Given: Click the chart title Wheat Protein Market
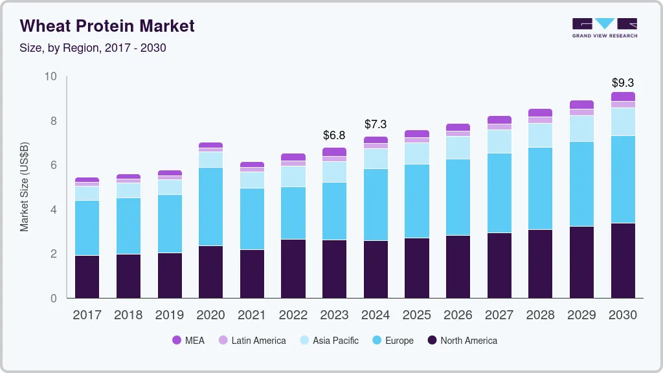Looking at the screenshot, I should pyautogui.click(x=107, y=26).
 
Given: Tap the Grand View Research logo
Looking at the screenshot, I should pyautogui.click(x=604, y=27).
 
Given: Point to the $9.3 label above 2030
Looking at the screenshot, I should pyautogui.click(x=622, y=83).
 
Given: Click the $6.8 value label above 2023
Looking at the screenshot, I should pyautogui.click(x=334, y=135).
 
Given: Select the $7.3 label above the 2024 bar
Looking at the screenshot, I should pyautogui.click(x=376, y=124).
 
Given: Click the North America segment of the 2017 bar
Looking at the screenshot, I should pyautogui.click(x=87, y=277).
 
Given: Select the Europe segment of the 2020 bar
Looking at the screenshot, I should pyautogui.click(x=210, y=206).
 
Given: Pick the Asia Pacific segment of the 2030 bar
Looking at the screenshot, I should pyautogui.click(x=622, y=122).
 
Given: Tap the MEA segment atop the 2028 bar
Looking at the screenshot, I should pyautogui.click(x=540, y=113).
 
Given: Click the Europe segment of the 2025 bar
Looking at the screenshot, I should pyautogui.click(x=416, y=201).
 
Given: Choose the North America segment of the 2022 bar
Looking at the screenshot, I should pyautogui.click(x=293, y=268).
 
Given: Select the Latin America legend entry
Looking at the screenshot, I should pyautogui.click(x=252, y=340).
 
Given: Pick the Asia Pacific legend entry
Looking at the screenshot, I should pyautogui.click(x=329, y=340).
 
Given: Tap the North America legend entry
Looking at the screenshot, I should pyautogui.click(x=462, y=340).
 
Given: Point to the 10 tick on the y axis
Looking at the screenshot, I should pyautogui.click(x=51, y=76).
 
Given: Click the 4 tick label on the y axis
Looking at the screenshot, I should pyautogui.click(x=54, y=210).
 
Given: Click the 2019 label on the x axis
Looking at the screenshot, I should pyautogui.click(x=170, y=315).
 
